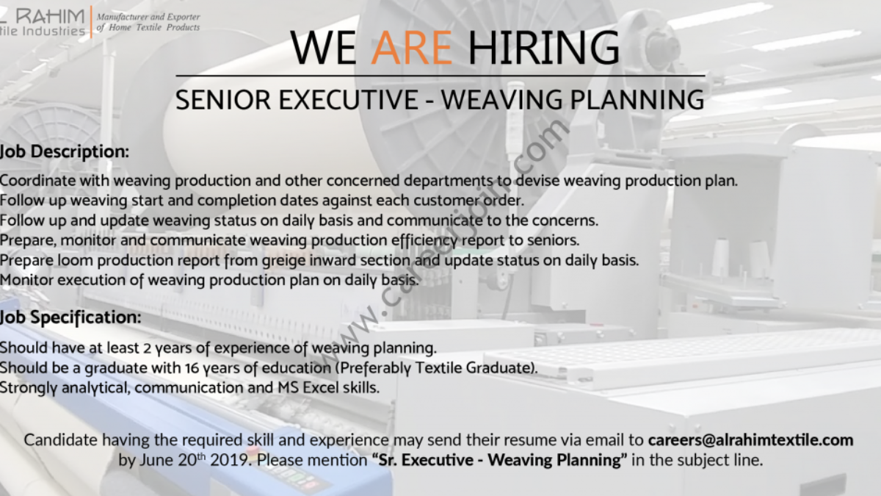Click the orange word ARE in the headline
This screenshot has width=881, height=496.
pos(412,48)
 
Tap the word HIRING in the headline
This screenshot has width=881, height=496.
pos(543,48)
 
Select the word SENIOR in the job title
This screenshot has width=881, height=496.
pos(223,100)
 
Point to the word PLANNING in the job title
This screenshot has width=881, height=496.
pos(637,100)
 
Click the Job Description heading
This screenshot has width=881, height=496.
pos(64,151)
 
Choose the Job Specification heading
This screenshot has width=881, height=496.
pos(70,317)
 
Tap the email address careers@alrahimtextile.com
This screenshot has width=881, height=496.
pos(750,439)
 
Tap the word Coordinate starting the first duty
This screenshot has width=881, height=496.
pos(37,181)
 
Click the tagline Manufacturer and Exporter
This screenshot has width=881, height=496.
pos(148,17)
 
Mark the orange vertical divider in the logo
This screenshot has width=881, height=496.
pos(91,22)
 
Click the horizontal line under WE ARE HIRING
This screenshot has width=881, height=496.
pos(440,76)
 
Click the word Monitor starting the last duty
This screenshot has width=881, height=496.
pos(26,280)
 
